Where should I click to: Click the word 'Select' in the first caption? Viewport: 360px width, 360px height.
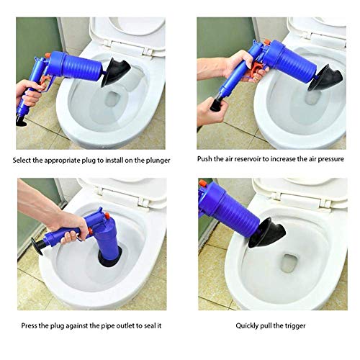pyautogui.click(x=24, y=159)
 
